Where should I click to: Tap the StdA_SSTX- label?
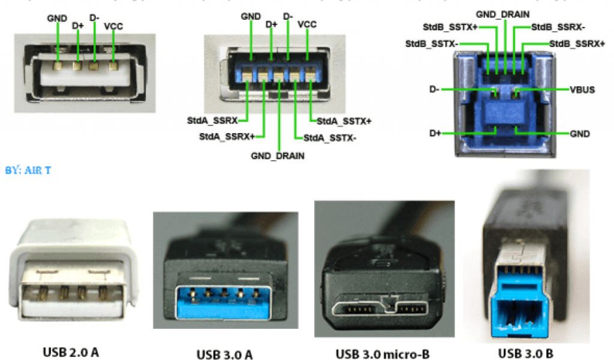coord(330,137)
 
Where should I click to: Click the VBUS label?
coord(581,89)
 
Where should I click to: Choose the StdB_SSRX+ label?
coord(577,44)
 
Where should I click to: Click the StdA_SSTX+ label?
coord(344,121)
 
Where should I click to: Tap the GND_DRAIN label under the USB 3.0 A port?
coord(278,156)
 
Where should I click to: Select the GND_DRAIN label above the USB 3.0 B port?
coord(503,13)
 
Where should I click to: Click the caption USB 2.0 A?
coord(71,352)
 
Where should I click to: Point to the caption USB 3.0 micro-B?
coord(383,354)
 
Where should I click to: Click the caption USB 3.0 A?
coord(224,355)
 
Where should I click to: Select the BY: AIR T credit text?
coord(28,170)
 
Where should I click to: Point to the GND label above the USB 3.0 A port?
coord(251,17)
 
